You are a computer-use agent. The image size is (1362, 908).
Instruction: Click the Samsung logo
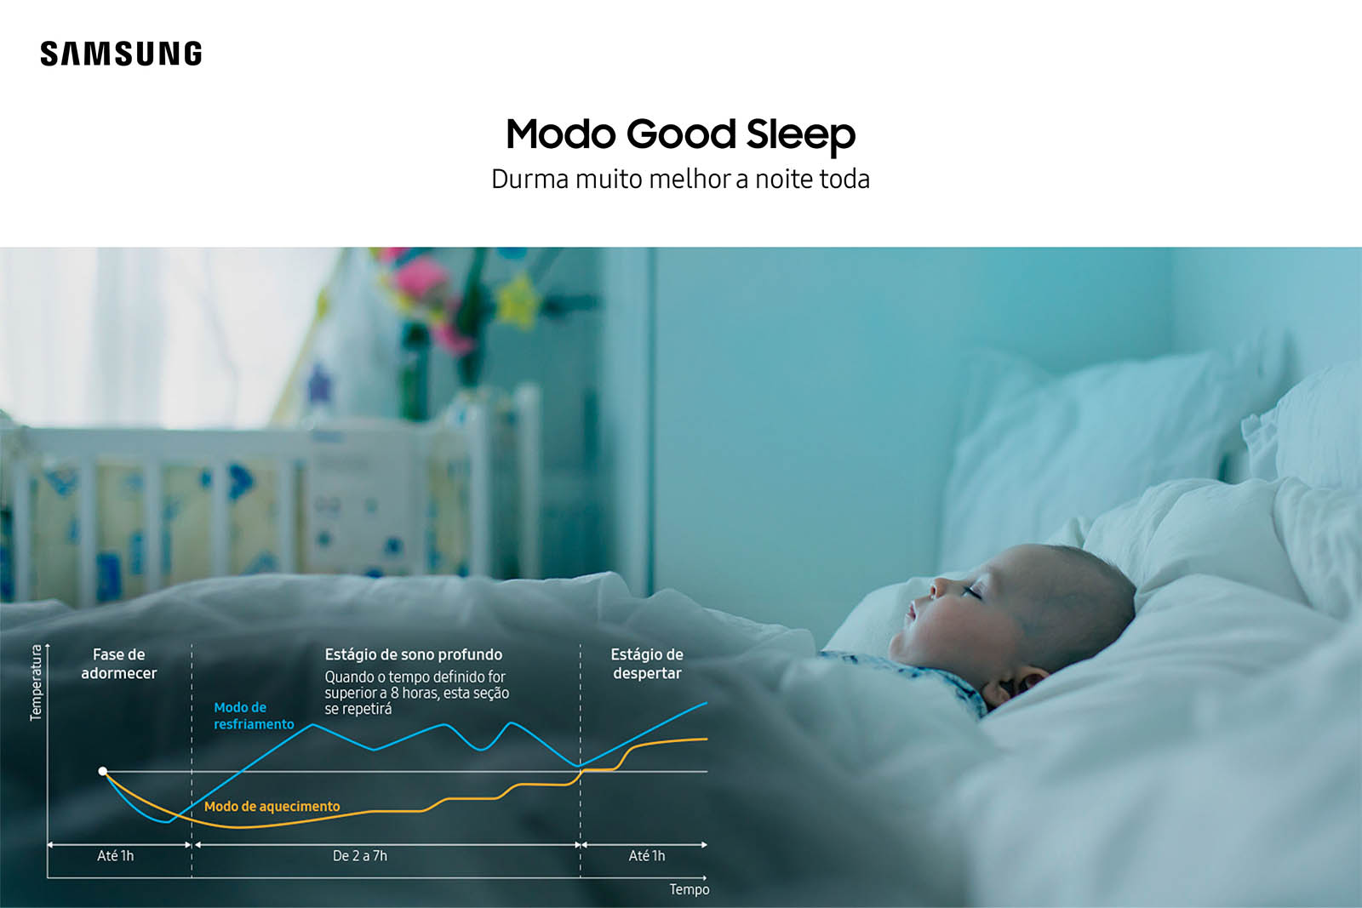coord(121,54)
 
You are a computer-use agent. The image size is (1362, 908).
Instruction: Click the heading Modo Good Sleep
coord(680,135)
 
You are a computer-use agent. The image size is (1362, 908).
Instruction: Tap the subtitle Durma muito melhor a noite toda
coord(680,180)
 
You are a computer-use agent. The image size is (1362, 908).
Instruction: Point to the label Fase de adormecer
coord(119,664)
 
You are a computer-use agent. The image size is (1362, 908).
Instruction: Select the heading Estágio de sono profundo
coord(414,654)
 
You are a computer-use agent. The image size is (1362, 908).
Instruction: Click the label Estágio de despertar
coord(647,664)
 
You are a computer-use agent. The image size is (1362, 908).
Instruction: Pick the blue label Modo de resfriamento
coord(254,716)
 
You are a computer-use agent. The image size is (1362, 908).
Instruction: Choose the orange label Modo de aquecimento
coord(272,807)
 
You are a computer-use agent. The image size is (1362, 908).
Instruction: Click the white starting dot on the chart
coord(103,771)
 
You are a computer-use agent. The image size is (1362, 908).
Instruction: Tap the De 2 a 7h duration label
coord(360,856)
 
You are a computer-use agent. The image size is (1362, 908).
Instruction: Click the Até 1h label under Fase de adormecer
coord(116,856)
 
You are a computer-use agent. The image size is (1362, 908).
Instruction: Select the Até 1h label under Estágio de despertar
coord(647,856)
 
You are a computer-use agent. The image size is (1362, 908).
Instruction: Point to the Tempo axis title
coord(690,890)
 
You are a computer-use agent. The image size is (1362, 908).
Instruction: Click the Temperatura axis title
coord(37,682)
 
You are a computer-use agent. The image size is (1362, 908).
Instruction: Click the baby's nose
coord(937,586)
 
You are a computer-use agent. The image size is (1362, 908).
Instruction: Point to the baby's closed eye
coord(971,590)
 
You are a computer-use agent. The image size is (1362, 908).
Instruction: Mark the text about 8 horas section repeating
coord(416,693)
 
